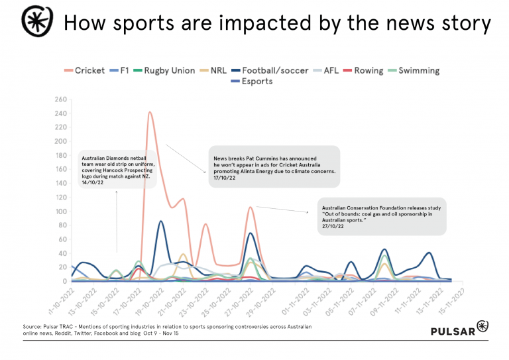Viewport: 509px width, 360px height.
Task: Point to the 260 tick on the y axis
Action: tap(60, 99)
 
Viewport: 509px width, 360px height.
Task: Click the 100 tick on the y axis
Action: tap(60, 211)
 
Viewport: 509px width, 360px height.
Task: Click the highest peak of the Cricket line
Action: tap(150, 112)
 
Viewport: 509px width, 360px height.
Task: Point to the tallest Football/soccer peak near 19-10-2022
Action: tap(161, 221)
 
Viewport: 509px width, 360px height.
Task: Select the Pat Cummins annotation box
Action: tap(274, 164)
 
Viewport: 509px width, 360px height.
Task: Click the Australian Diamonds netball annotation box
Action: tap(118, 170)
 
